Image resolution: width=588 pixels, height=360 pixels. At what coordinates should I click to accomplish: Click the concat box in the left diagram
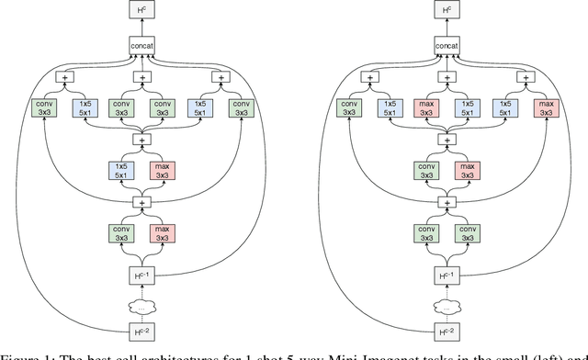click(143, 45)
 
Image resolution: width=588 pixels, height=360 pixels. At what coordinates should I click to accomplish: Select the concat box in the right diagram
click(447, 45)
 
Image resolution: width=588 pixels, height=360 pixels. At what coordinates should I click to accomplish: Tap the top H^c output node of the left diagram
click(143, 11)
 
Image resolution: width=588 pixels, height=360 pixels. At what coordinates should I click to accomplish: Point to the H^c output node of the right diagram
click(447, 11)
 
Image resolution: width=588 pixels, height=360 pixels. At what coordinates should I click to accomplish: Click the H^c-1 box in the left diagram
click(143, 273)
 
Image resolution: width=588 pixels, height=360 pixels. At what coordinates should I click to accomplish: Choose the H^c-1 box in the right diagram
click(447, 273)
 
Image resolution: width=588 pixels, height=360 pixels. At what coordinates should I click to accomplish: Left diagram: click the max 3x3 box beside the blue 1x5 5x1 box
click(164, 171)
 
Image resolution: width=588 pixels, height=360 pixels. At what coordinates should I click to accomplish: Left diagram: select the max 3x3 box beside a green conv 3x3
click(164, 233)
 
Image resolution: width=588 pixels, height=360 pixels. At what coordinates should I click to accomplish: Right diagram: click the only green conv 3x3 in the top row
click(348, 108)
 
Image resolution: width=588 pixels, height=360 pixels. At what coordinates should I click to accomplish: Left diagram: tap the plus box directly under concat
click(143, 78)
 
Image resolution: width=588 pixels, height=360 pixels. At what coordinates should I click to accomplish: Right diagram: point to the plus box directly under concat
click(447, 78)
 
